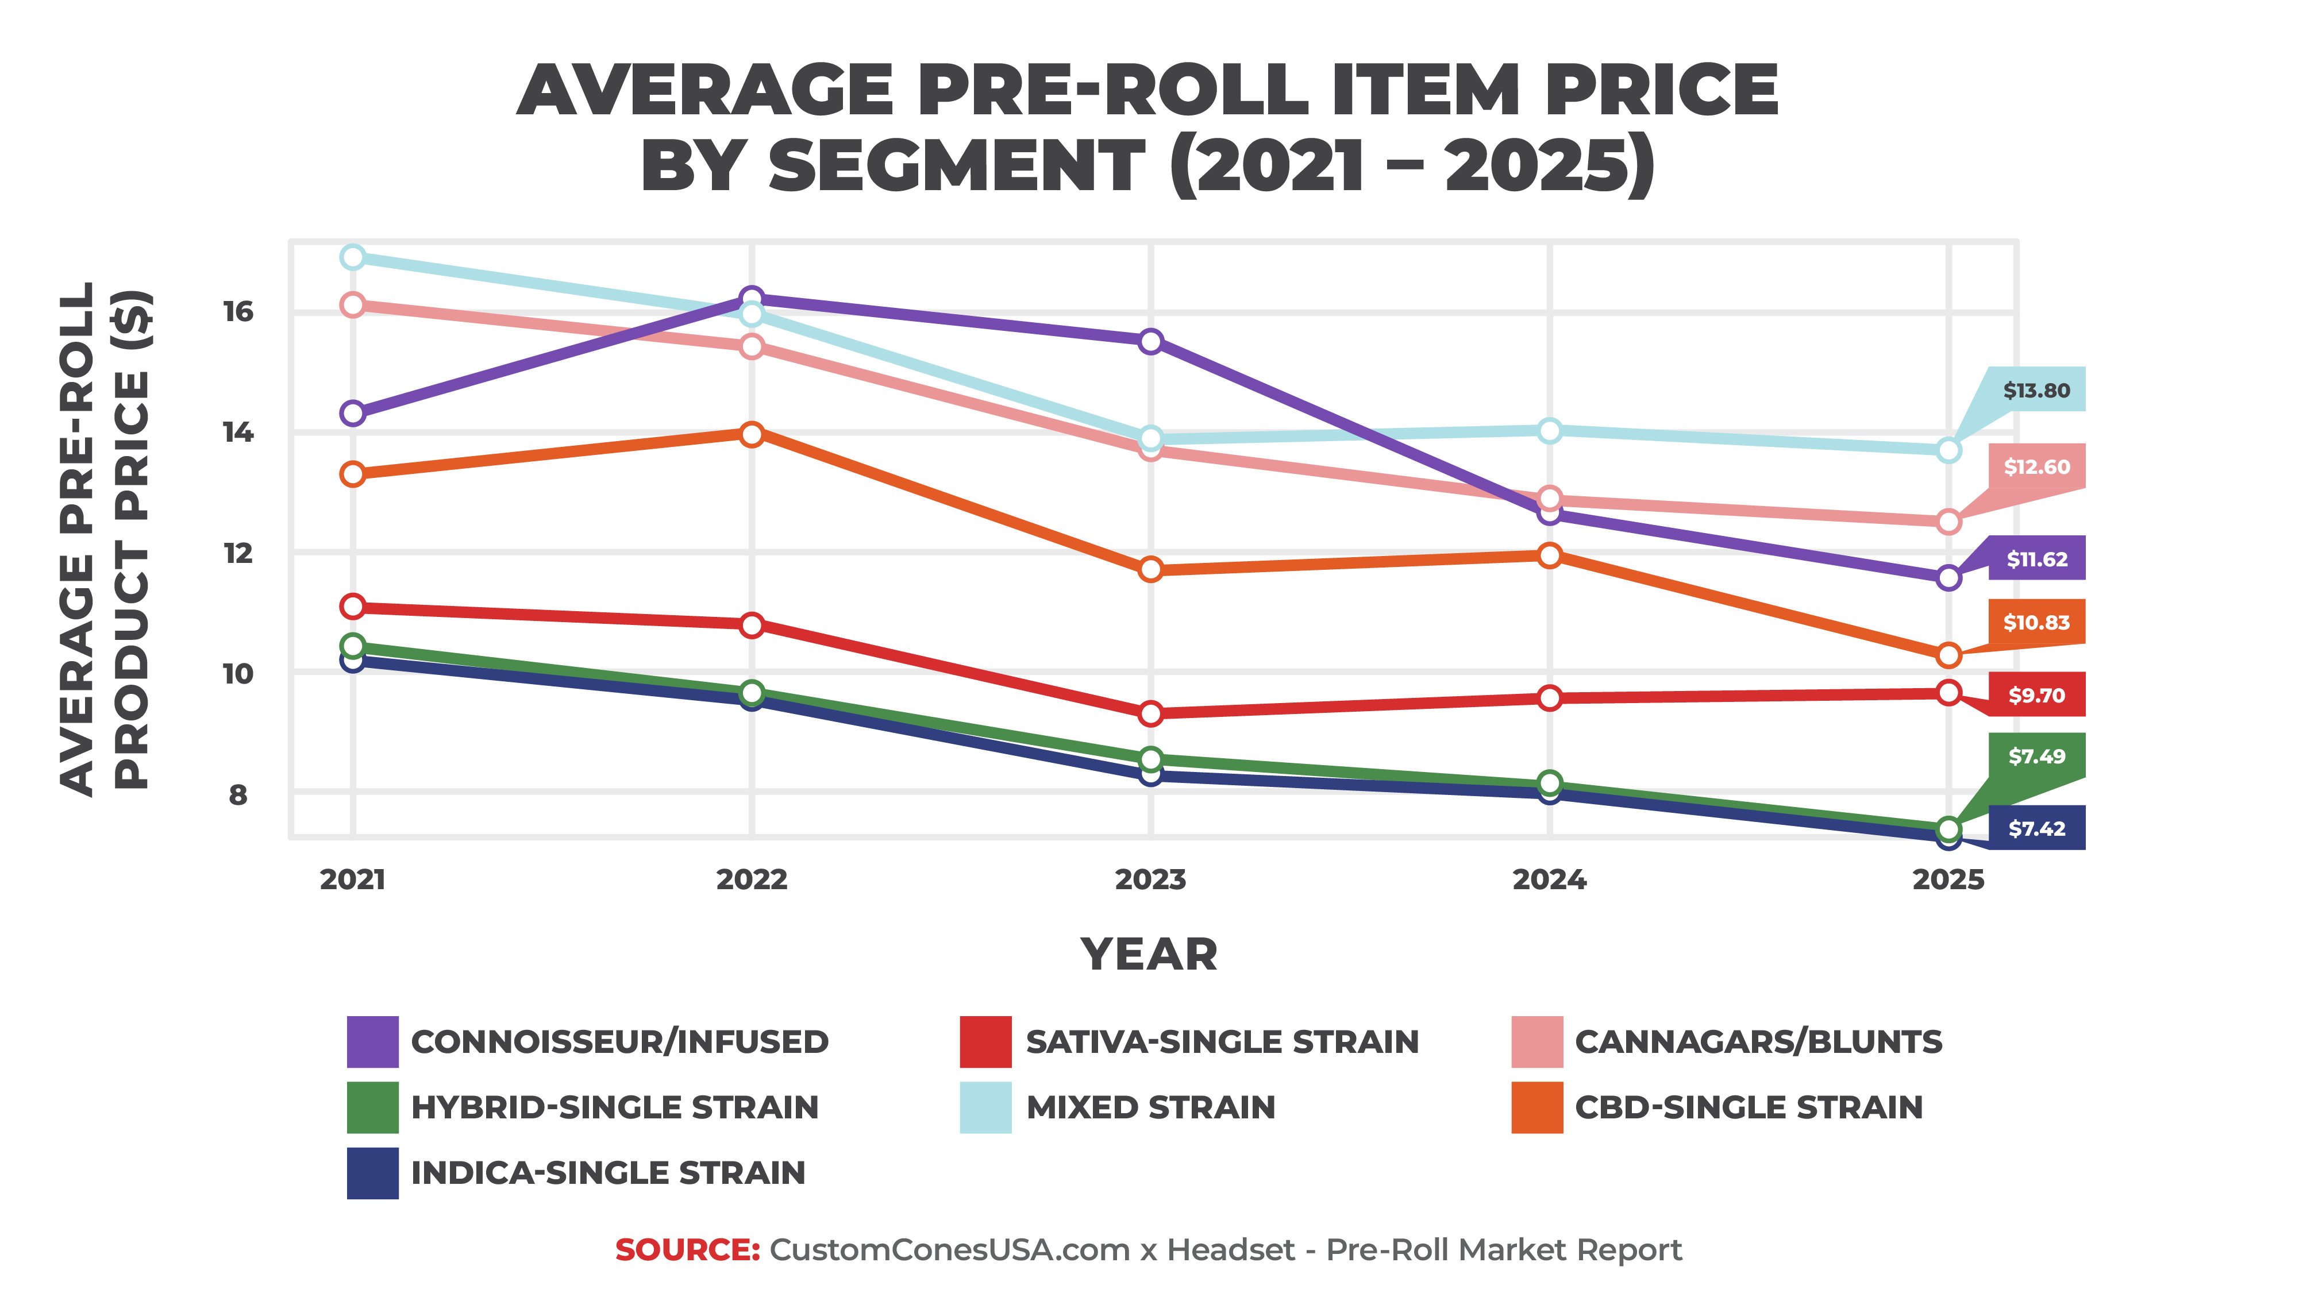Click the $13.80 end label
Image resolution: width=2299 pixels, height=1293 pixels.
(2036, 390)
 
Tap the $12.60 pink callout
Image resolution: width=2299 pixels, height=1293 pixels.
(2036, 466)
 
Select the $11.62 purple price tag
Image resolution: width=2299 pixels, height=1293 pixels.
(2036, 559)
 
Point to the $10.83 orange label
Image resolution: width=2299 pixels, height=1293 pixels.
(2036, 622)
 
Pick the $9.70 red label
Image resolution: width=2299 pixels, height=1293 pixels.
(2036, 695)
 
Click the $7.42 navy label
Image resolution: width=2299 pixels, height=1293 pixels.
(2036, 828)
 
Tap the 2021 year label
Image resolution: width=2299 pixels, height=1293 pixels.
(353, 880)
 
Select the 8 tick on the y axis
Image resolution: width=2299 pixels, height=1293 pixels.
(237, 794)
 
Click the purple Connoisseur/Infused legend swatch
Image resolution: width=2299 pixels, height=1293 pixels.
(372, 1041)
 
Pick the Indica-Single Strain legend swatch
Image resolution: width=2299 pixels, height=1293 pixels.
(372, 1172)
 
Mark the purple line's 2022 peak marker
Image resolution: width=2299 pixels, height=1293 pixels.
(752, 298)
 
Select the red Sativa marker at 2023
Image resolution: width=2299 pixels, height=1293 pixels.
(1150, 713)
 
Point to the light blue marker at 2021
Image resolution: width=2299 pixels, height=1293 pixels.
(353, 257)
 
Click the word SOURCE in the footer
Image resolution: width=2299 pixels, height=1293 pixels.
(686, 1249)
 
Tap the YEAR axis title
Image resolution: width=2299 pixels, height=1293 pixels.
(1149, 954)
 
